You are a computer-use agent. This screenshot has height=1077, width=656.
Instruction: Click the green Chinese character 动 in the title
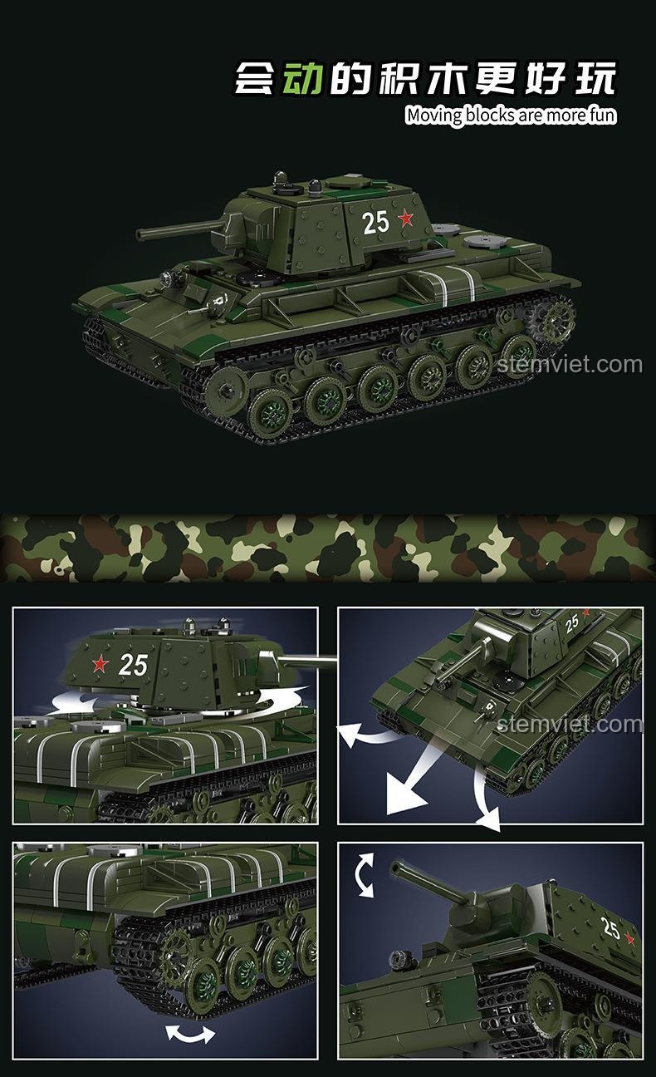pos(302,78)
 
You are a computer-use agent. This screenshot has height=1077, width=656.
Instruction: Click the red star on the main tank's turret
pos(406,219)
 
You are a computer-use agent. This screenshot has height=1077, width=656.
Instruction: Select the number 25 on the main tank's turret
pos(375,223)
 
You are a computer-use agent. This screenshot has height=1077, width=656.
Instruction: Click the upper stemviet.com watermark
pos(570,365)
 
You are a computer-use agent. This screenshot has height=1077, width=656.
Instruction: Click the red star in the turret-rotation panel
pos(100,664)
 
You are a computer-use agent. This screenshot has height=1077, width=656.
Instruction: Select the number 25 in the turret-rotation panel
pos(133,665)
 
